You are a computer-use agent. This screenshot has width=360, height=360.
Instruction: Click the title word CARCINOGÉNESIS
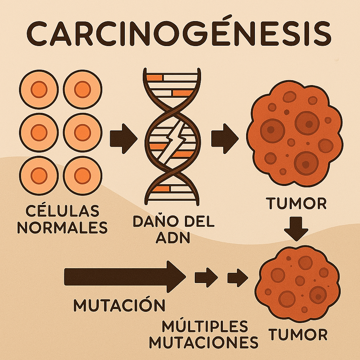[180, 32]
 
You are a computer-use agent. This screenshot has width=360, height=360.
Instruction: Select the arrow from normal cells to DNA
[123, 138]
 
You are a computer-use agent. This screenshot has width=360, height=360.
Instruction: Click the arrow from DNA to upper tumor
[224, 138]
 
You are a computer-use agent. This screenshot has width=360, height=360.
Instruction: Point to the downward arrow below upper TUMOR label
[296, 229]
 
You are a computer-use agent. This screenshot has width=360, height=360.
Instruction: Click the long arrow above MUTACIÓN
[125, 277]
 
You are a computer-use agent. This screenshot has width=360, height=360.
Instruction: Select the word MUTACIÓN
[119, 305]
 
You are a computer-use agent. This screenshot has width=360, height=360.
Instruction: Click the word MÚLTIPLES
[205, 326]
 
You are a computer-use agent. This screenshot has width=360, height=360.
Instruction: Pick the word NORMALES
[63, 228]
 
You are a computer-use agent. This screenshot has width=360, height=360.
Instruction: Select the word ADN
[172, 238]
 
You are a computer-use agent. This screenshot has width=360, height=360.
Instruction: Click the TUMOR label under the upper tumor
[296, 203]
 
